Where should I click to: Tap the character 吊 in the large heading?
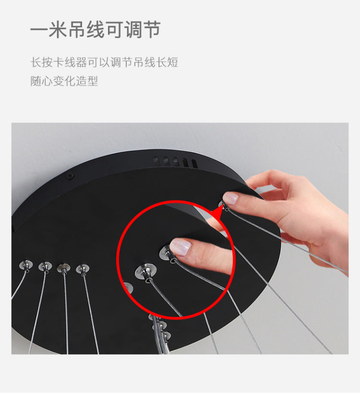(77, 29)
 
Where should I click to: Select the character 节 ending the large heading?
(152, 29)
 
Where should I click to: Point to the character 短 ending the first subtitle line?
(172, 62)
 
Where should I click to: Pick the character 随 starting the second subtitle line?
(36, 81)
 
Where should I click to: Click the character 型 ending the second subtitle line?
(93, 81)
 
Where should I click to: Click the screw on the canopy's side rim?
(70, 176)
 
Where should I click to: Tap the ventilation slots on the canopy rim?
(176, 162)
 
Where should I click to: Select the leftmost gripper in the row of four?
(26, 265)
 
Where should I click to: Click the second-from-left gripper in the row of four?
(45, 267)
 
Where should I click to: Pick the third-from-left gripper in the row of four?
(64, 268)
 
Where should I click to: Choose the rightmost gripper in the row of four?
(83, 269)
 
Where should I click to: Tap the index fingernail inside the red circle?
(180, 247)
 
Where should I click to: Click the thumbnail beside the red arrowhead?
(231, 198)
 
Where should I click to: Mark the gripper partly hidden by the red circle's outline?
(128, 288)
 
